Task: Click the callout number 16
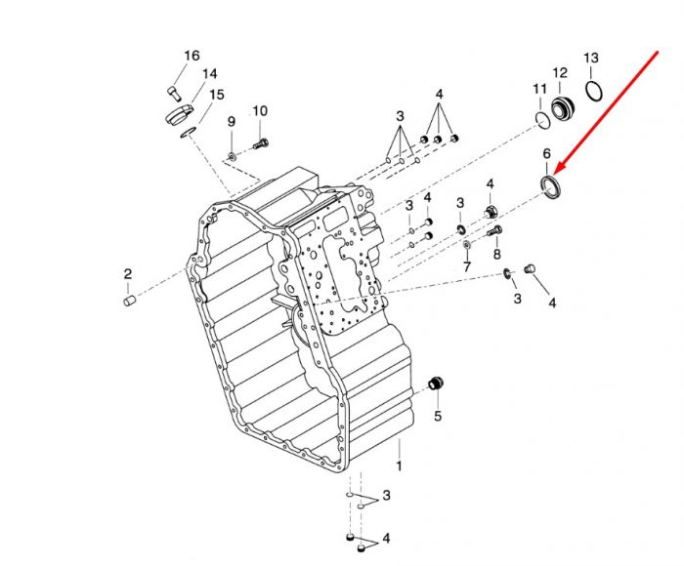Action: (192, 56)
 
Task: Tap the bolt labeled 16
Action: (173, 94)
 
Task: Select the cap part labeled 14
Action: (179, 114)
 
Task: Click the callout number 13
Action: (591, 58)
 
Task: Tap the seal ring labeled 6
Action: (552, 186)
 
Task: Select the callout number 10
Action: (260, 111)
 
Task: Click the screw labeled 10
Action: (261, 143)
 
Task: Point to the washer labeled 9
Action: (232, 155)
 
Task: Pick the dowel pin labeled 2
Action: (130, 301)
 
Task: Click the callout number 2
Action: (127, 274)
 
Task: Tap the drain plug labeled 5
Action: (436, 383)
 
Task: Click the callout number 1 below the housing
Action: (399, 465)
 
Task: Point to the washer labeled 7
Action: (466, 244)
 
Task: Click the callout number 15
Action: (217, 95)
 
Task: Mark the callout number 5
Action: (438, 416)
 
